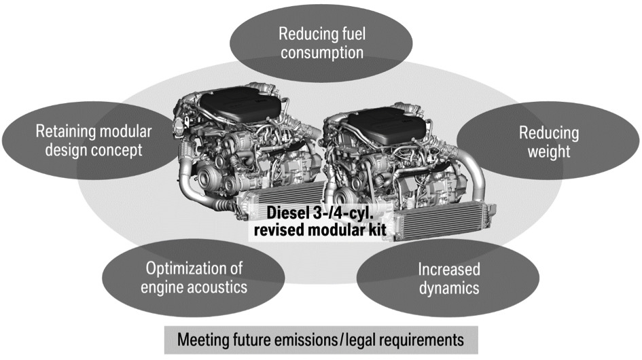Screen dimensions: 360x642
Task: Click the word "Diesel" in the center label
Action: click(x=289, y=212)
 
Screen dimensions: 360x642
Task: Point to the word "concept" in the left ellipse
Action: click(x=118, y=150)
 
